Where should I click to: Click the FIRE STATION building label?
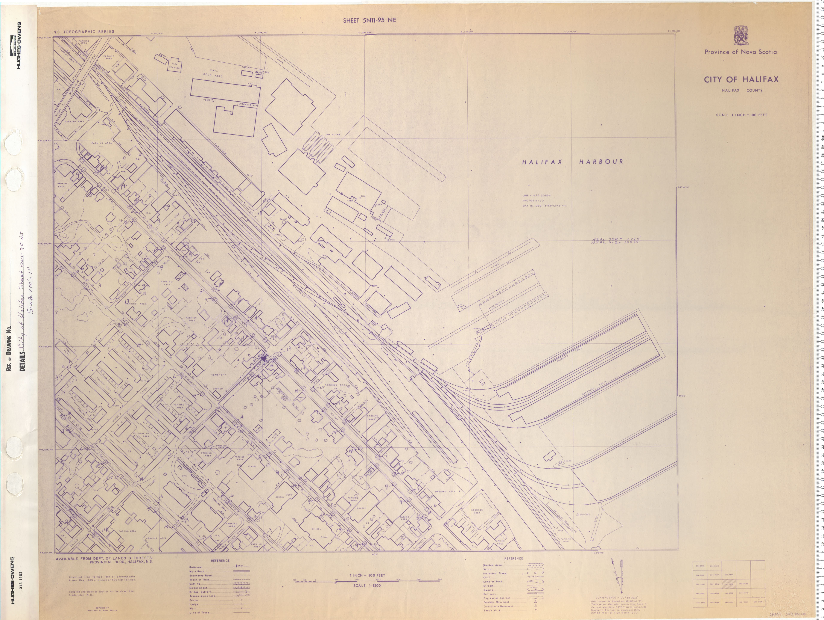click(174, 66)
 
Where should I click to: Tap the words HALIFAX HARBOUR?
click(572, 162)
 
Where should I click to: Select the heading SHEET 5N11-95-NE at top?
click(369, 20)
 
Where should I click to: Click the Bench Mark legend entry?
click(492, 610)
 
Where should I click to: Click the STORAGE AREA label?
click(477, 511)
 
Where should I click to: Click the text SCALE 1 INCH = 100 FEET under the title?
click(741, 115)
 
